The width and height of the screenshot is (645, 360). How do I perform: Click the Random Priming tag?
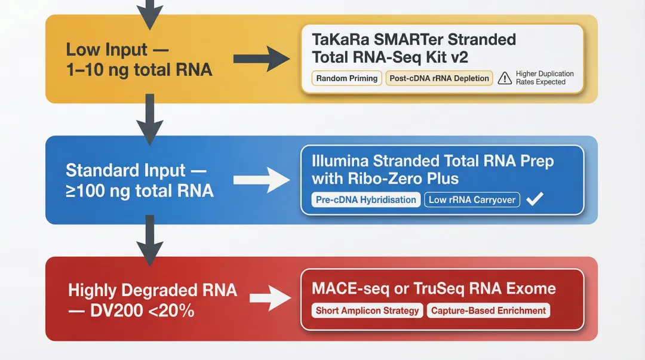click(347, 78)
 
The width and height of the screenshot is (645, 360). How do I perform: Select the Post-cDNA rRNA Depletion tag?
click(439, 78)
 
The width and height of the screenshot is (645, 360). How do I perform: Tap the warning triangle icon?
click(505, 78)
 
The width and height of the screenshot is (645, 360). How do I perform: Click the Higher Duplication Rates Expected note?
click(544, 78)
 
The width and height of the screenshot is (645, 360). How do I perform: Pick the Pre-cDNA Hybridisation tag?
click(366, 200)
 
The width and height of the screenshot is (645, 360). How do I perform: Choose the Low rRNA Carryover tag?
click(472, 200)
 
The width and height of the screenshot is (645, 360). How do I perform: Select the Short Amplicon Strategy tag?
click(367, 310)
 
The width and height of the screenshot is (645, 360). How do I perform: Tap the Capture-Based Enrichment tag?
click(489, 310)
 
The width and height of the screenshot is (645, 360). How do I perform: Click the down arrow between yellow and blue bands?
click(150, 123)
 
